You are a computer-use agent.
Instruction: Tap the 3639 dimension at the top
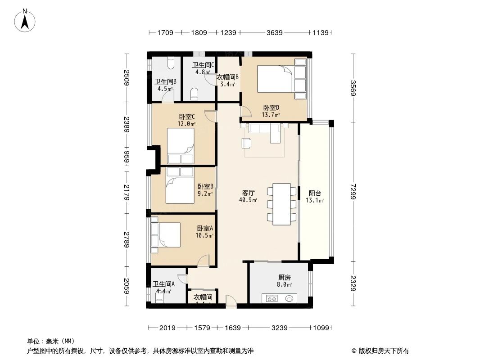(274, 33)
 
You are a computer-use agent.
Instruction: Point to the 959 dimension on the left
(127, 158)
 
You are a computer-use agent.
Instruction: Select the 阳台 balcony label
(315, 193)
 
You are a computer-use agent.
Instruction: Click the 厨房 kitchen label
(284, 278)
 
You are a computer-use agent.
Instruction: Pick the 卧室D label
(271, 108)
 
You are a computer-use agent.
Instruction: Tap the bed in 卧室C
(180, 145)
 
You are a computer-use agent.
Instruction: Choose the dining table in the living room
(282, 203)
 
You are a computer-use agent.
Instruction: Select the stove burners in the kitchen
(272, 298)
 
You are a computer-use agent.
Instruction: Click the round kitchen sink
(289, 298)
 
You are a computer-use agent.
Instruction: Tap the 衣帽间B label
(228, 77)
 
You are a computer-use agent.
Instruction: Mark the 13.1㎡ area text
(315, 200)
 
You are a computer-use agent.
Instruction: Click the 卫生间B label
(165, 81)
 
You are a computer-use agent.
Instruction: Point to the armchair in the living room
(246, 143)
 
